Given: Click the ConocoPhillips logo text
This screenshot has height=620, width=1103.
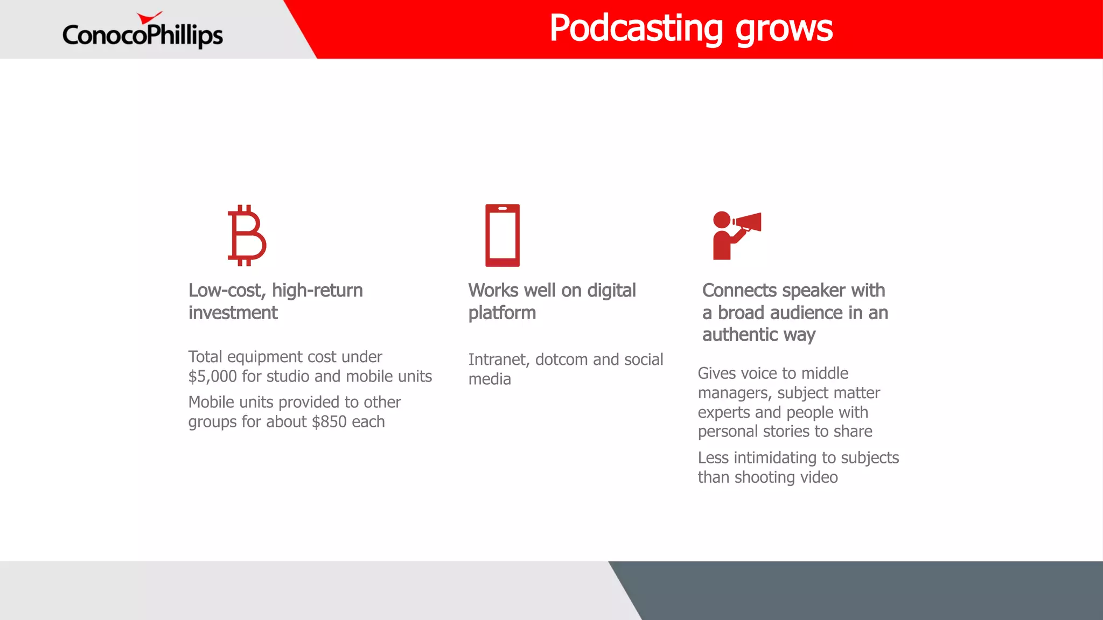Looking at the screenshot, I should pyautogui.click(x=142, y=35).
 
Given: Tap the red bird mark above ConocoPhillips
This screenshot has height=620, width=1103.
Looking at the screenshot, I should pyautogui.click(x=149, y=18).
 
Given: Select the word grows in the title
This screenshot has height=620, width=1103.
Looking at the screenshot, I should pyautogui.click(x=784, y=30).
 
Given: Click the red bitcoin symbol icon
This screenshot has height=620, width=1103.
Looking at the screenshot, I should pyautogui.click(x=246, y=235).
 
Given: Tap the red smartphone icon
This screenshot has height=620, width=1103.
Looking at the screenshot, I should pyautogui.click(x=502, y=235).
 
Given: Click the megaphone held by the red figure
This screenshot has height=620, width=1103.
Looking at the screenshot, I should pyautogui.click(x=749, y=222).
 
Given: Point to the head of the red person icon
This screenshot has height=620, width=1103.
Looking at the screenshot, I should pyautogui.click(x=721, y=220).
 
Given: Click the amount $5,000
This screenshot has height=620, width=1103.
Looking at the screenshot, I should pyautogui.click(x=212, y=377).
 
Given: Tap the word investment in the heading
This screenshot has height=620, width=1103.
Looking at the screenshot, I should pyautogui.click(x=233, y=313).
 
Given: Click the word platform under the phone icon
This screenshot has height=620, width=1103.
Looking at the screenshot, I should pyautogui.click(x=502, y=313).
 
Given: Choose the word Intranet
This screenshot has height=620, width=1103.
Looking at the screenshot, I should pyautogui.click(x=497, y=360).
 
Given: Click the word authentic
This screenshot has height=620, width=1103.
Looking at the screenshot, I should pyautogui.click(x=740, y=335).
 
